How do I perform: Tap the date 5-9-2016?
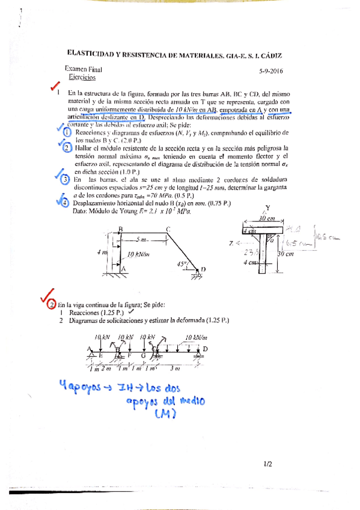270,71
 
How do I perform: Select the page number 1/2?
267,464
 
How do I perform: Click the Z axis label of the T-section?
231,244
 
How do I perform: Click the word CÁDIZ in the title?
269,55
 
